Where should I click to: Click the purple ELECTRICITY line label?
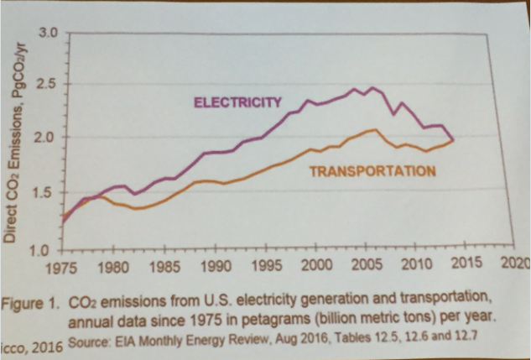pyautogui.click(x=237, y=103)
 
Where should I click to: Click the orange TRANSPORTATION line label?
pyautogui.click(x=372, y=171)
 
